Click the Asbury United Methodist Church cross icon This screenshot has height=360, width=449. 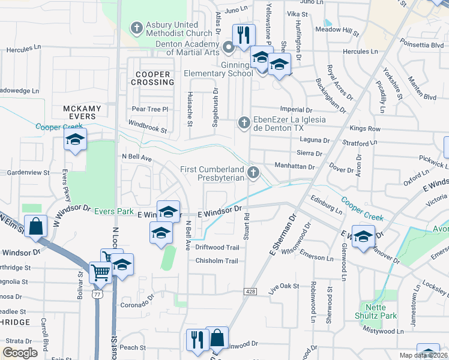pos(137,28)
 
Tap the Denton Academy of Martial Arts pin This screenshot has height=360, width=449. pos(228,47)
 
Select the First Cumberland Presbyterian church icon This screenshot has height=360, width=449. pos(254,173)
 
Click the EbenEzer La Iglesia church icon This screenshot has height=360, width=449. pos(244,122)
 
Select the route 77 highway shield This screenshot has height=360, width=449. pos(98,296)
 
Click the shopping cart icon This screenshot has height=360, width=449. pos(100,272)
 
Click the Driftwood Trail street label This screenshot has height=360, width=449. pos(217,247)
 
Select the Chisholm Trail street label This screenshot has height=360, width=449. pos(217,260)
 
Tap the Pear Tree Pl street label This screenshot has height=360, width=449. pos(150,109)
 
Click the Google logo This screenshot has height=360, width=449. pos(20,353)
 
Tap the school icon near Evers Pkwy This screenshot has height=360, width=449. pos(75,140)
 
